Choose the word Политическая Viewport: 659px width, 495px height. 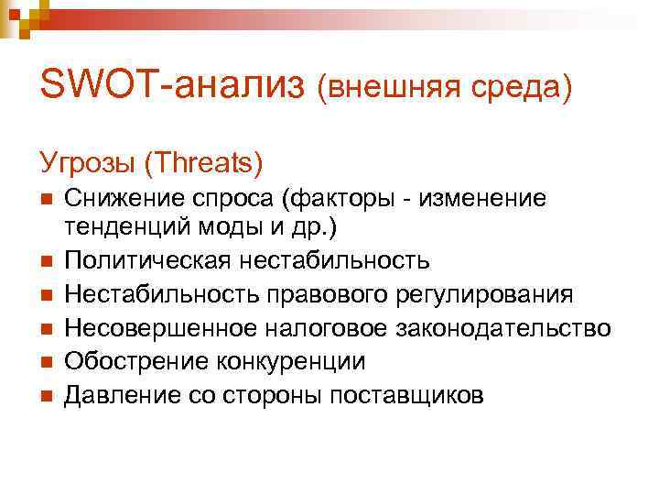tap(145, 261)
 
